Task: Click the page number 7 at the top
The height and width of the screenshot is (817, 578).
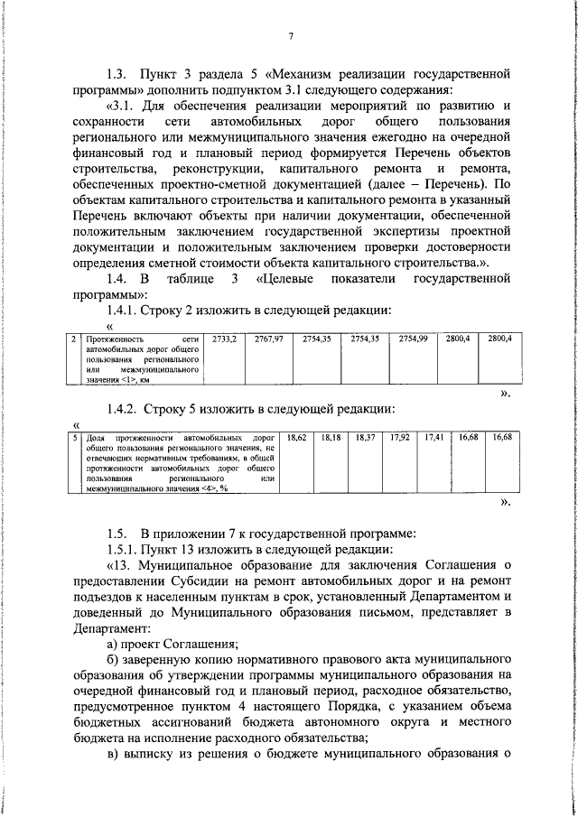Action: tap(292, 36)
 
